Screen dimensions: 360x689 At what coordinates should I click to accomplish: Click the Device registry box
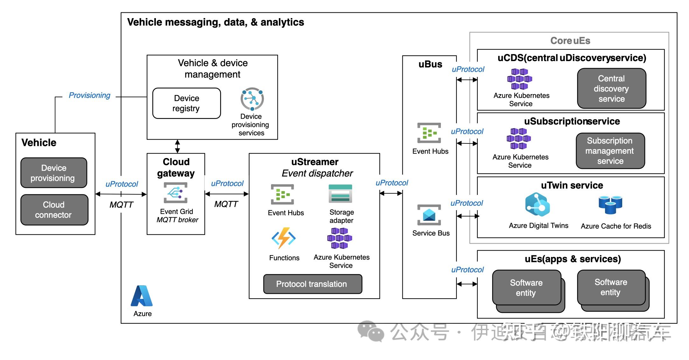pyautogui.click(x=186, y=103)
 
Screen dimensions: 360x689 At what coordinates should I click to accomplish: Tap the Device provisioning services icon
pyautogui.click(x=252, y=99)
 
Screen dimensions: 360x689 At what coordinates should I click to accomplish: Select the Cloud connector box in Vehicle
pyautogui.click(x=54, y=210)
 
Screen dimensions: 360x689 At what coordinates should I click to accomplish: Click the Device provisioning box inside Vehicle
pyautogui.click(x=53, y=173)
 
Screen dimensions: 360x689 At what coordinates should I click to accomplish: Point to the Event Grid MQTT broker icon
pyautogui.click(x=175, y=192)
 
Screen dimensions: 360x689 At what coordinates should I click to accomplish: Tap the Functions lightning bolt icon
pyautogui.click(x=283, y=238)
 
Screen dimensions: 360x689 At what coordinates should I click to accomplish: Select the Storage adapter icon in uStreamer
pyautogui.click(x=340, y=193)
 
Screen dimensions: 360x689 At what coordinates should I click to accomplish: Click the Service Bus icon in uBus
pyautogui.click(x=429, y=215)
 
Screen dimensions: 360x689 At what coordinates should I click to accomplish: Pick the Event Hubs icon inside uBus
pyautogui.click(x=429, y=133)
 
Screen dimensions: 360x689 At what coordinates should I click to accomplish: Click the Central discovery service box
pyautogui.click(x=611, y=88)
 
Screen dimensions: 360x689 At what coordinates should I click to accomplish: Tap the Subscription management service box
pyautogui.click(x=610, y=151)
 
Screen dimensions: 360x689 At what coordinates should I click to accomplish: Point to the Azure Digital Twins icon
pyautogui.click(x=537, y=205)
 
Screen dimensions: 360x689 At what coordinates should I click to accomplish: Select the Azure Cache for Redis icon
pyautogui.click(x=610, y=204)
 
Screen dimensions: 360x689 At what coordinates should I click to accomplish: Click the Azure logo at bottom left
pyautogui.click(x=142, y=296)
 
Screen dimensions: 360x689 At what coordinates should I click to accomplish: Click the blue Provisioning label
pyautogui.click(x=89, y=95)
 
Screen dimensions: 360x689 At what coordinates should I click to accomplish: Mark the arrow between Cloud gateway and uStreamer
pyautogui.click(x=226, y=194)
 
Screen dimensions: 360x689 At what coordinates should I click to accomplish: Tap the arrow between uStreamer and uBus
pyautogui.click(x=391, y=193)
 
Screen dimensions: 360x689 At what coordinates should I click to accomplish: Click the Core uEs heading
pyautogui.click(x=570, y=41)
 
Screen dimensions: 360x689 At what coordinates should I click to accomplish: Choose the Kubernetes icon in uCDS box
pyautogui.click(x=519, y=79)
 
